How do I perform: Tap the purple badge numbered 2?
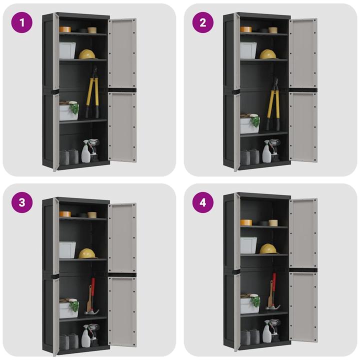pos(203,22)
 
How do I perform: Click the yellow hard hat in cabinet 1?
pos(87,54)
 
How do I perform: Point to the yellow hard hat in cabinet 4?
pos(268,248)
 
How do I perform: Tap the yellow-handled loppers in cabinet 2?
pos(272,105)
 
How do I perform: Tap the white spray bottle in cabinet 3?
pos(86,336)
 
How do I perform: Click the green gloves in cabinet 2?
pos(255,120)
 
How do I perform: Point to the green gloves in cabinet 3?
pos(74,305)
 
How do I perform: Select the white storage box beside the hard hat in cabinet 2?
pos(248,50)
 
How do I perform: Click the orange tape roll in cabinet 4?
pos(245,222)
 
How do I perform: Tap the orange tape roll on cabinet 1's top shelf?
pos(64,29)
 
